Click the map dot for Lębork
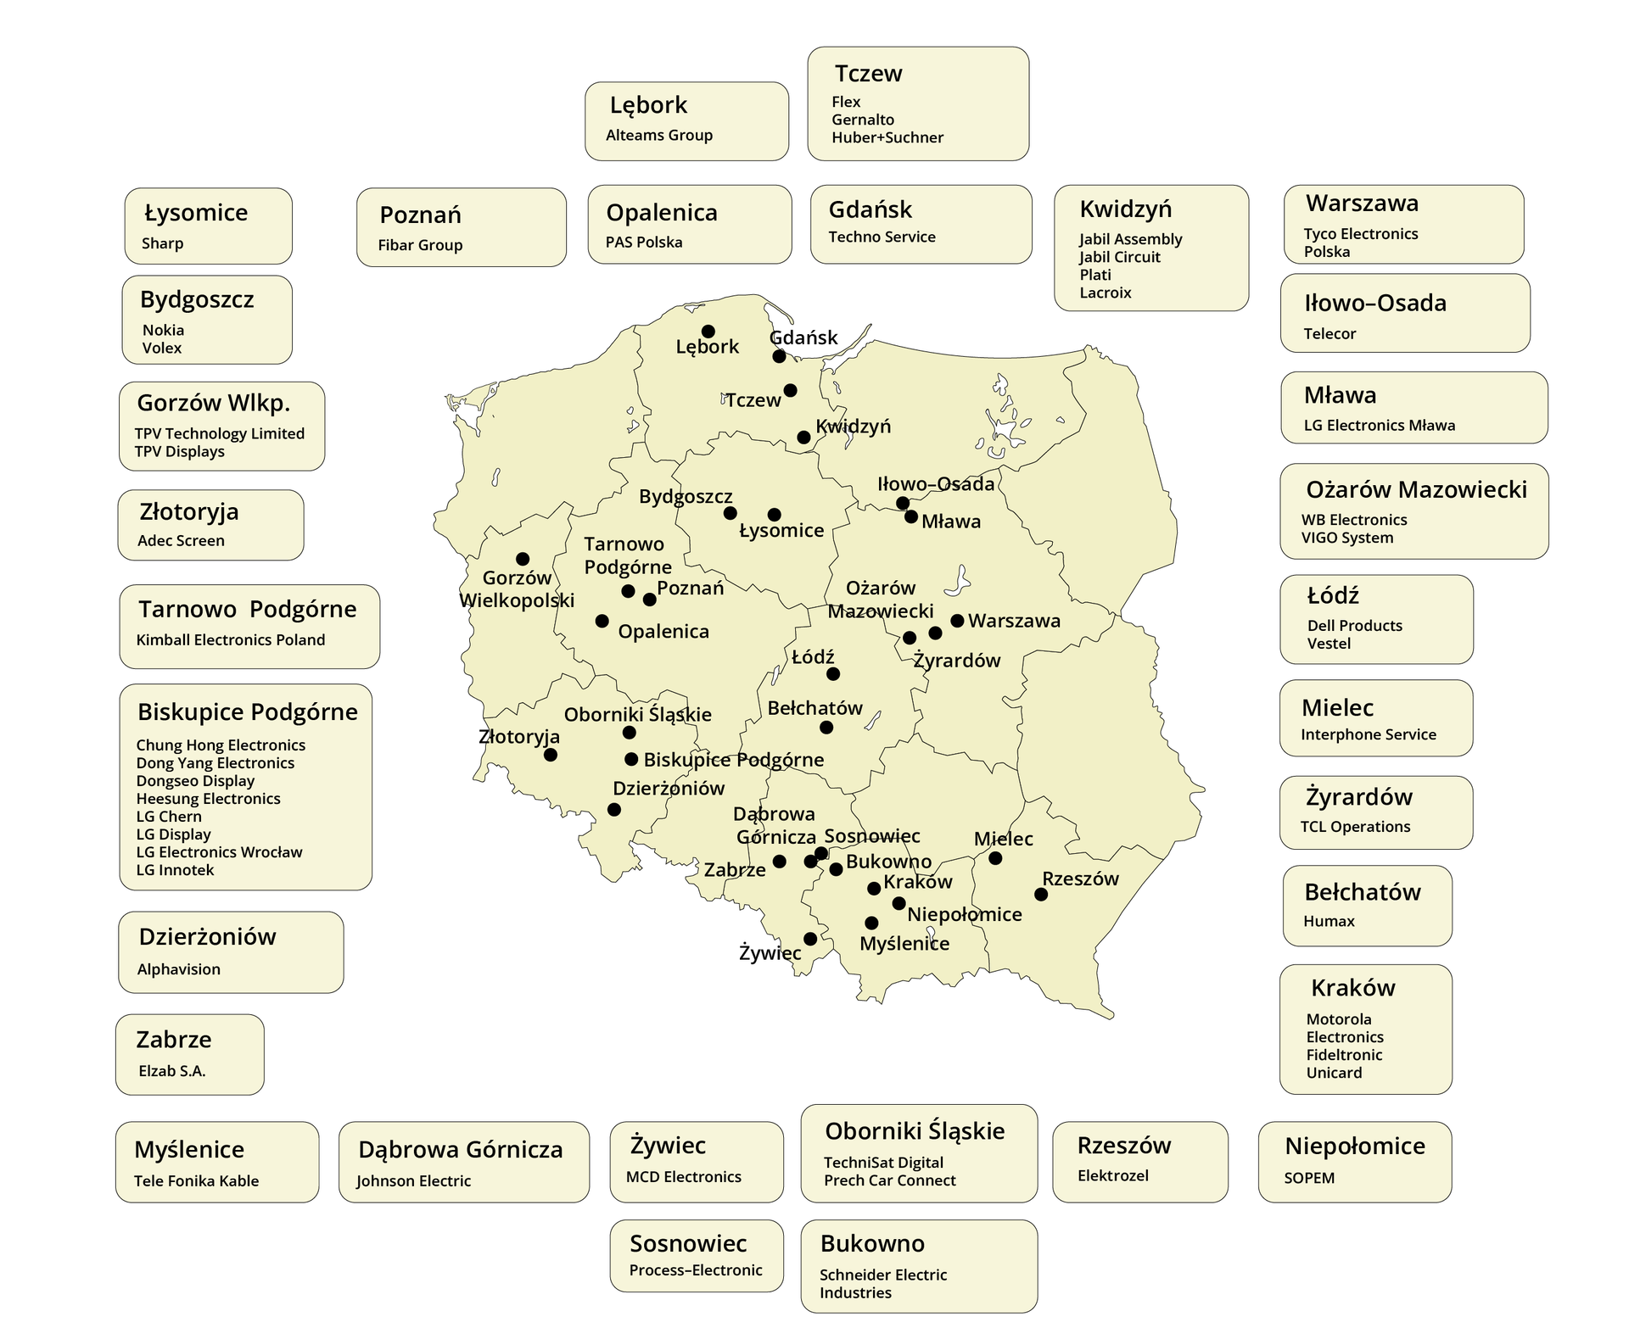click(x=708, y=332)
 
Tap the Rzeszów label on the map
click(x=1080, y=879)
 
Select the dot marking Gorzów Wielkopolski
click(x=523, y=559)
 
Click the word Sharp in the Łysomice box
click(x=162, y=243)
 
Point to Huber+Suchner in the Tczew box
click(x=887, y=137)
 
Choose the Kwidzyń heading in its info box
click(x=1125, y=209)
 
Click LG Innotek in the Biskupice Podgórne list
click(x=175, y=870)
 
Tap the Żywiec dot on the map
click(x=810, y=939)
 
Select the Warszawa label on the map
click(x=1014, y=621)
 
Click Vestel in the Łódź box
click(x=1328, y=644)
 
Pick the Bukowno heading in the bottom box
click(x=872, y=1243)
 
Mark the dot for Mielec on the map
click(x=995, y=858)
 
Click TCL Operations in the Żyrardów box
click(x=1355, y=827)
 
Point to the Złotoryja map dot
click(x=551, y=755)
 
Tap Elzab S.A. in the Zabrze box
click(x=172, y=1071)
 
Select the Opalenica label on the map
click(x=663, y=632)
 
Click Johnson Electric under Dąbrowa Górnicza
click(x=413, y=1181)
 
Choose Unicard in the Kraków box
click(x=1334, y=1073)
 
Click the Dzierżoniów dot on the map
click(x=614, y=810)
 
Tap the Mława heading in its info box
click(x=1340, y=395)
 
